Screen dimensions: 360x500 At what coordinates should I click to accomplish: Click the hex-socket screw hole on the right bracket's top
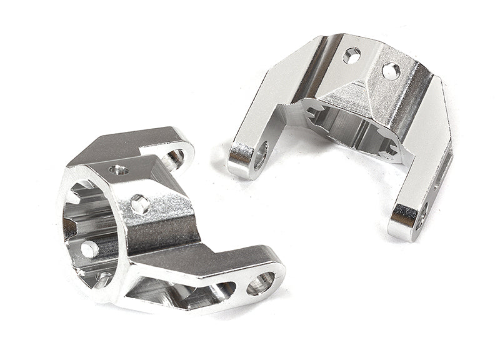point(352,57)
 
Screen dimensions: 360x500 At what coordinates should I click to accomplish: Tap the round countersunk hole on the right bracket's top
point(391,71)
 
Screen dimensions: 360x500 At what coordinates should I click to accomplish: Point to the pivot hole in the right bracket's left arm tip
point(260,154)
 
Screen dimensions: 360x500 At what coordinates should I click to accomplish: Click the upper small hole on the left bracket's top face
point(119,169)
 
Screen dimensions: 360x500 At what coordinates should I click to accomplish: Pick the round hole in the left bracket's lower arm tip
point(259,284)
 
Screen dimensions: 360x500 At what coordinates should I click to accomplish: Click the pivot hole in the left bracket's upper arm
point(174,156)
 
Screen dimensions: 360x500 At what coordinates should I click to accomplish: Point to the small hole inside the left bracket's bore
point(89,249)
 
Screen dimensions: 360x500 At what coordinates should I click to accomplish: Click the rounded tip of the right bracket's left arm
point(241,159)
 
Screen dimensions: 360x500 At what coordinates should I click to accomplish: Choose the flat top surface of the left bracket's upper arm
point(134,143)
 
